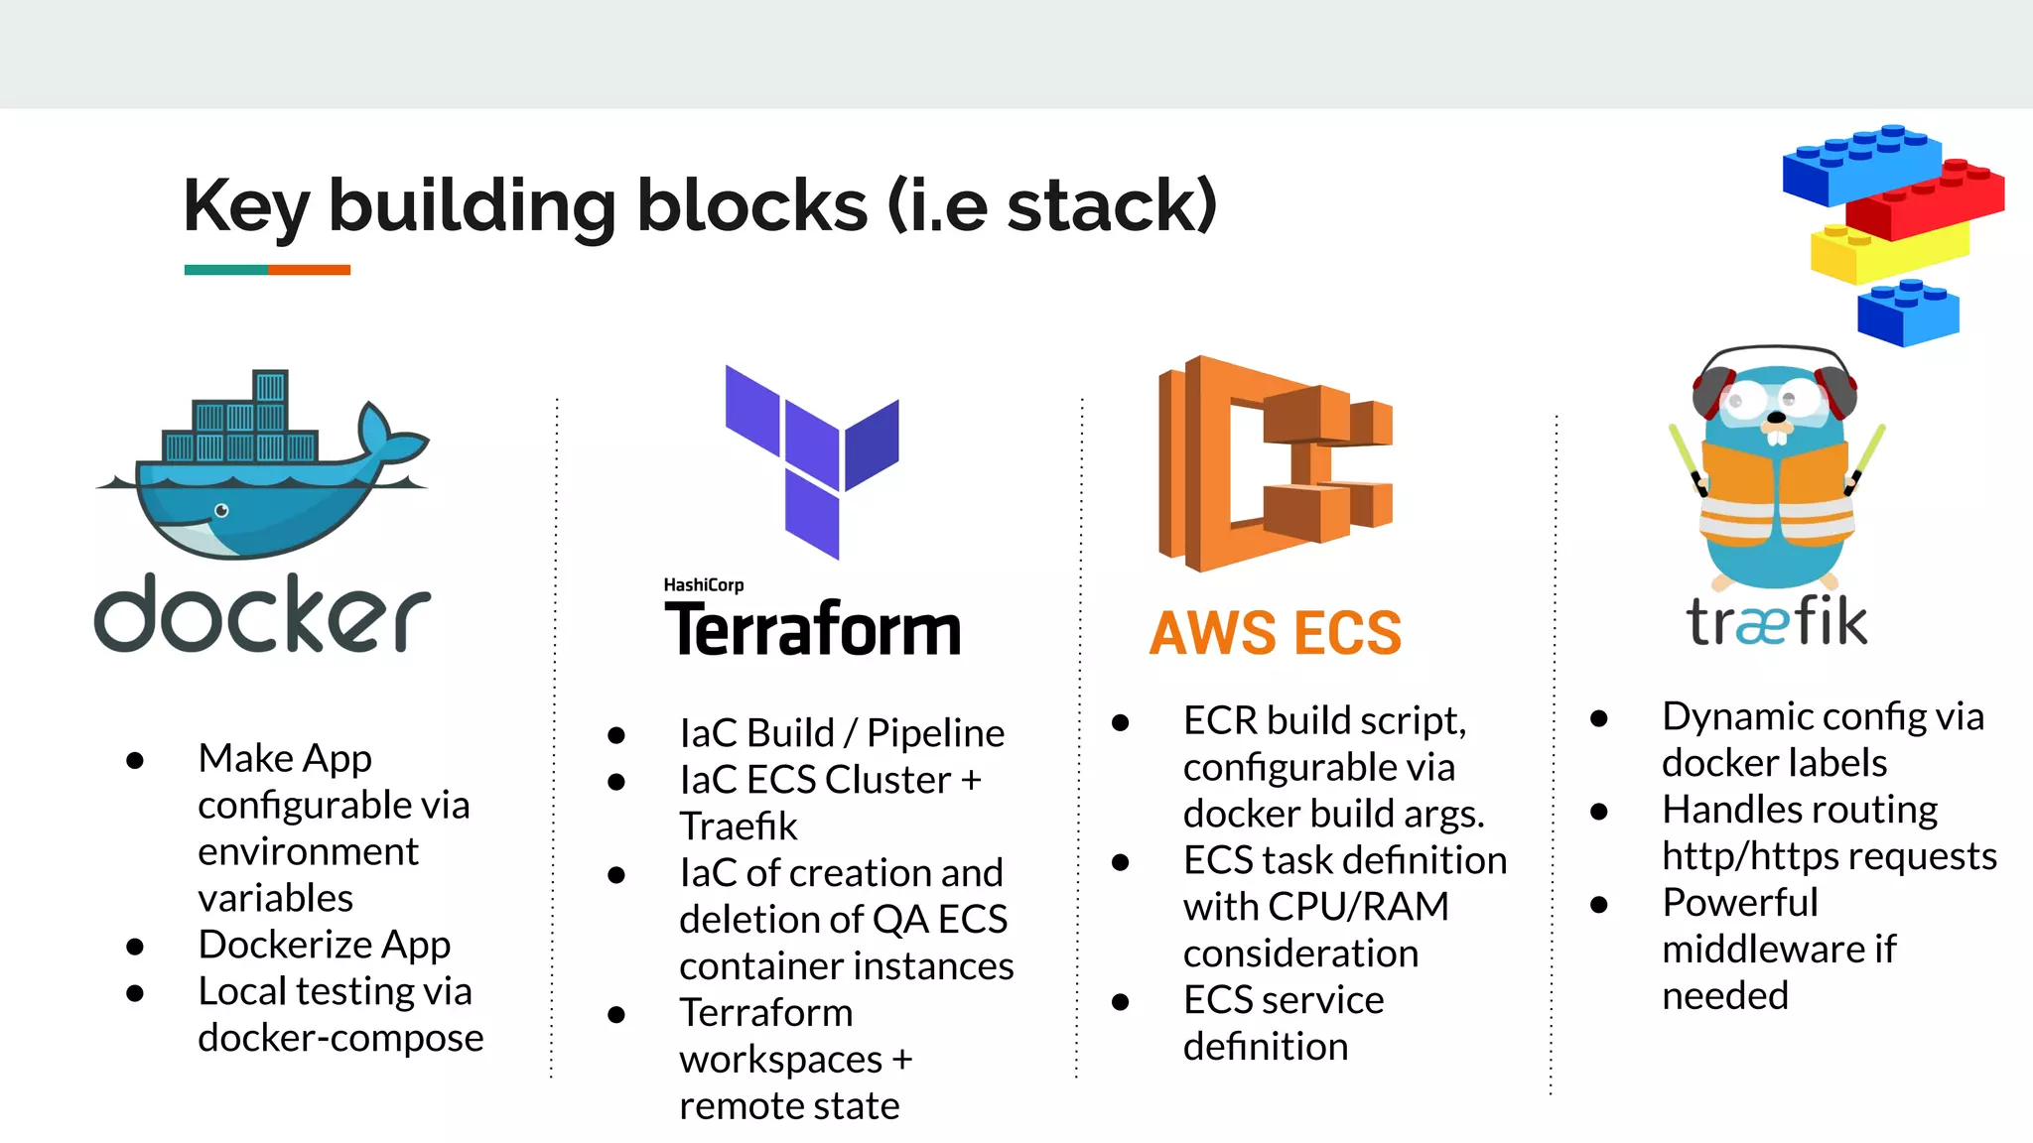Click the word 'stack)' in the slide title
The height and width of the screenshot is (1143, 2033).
pos(1112,205)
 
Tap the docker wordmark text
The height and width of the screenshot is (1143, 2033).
pos(262,615)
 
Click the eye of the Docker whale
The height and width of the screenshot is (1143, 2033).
pos(221,511)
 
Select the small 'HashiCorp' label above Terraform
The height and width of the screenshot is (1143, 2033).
pos(703,584)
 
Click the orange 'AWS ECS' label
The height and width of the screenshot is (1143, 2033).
pos(1275,633)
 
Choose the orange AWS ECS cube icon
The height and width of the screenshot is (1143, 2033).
pos(1275,462)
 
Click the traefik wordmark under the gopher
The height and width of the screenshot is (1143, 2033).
pos(1776,622)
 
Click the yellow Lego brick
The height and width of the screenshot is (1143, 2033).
pos(1886,253)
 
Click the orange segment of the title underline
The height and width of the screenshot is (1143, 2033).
pos(309,270)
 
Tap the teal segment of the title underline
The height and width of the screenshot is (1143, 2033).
pos(225,270)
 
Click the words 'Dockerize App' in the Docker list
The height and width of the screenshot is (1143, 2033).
pos(324,945)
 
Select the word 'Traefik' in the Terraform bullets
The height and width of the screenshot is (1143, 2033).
pos(738,825)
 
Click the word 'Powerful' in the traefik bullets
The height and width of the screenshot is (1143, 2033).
pos(1739,903)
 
